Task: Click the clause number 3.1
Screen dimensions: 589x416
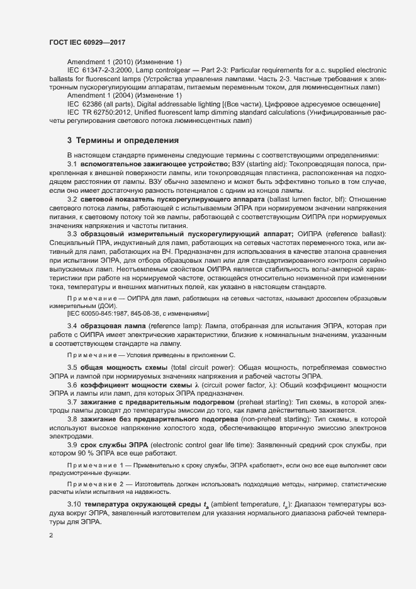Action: [72, 164]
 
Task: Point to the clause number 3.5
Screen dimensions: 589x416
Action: [72, 367]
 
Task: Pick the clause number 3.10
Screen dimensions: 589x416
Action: [74, 505]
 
